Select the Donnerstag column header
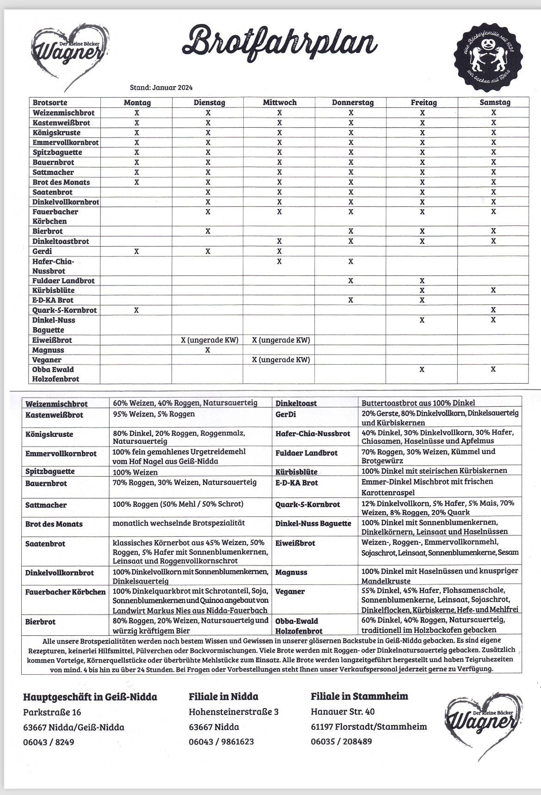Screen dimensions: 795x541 tap(352, 103)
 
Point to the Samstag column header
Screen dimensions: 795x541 tap(494, 103)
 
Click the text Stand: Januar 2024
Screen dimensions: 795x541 tap(161, 87)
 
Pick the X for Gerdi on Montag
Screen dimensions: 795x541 tap(136, 251)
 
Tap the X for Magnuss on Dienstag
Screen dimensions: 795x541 tap(208, 350)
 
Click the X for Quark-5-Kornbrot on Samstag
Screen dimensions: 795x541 tap(493, 310)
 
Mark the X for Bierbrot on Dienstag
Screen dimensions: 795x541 tap(208, 231)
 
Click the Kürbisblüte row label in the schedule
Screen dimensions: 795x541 tap(53, 291)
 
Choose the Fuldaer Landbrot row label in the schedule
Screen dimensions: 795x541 tap(63, 281)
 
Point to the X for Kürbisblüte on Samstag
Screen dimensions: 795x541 tap(493, 290)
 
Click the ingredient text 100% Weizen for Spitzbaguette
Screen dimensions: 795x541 tap(135, 472)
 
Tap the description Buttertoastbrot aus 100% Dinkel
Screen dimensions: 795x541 tap(418, 403)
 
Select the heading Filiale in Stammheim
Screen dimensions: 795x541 tap(359, 696)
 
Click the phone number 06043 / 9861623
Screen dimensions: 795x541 tap(221, 742)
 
